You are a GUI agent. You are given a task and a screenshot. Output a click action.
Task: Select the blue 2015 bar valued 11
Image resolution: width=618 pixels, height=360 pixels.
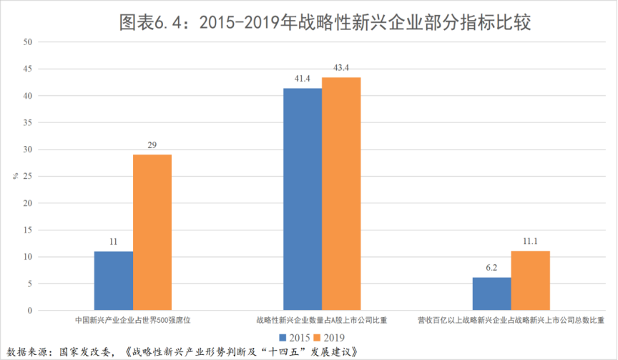(113, 281)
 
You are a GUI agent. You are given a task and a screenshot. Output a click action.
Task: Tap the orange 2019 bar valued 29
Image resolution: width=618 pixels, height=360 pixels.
(152, 233)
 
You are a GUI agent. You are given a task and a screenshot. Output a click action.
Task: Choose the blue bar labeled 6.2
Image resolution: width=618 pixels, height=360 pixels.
(491, 293)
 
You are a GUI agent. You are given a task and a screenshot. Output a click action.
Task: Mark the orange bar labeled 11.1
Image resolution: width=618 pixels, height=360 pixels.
(531, 281)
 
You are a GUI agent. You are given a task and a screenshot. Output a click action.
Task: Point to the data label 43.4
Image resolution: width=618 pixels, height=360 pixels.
(341, 68)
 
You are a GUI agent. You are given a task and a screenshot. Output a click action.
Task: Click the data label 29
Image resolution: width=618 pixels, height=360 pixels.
(152, 145)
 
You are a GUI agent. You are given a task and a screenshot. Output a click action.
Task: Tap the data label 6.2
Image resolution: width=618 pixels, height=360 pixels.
(491, 268)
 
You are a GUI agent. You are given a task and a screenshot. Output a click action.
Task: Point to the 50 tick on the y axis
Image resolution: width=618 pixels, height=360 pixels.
(29, 42)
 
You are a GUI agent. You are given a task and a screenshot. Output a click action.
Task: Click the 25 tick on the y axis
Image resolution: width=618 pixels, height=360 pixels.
(29, 176)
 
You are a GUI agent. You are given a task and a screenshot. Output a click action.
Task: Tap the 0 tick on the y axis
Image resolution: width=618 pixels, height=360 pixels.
(31, 311)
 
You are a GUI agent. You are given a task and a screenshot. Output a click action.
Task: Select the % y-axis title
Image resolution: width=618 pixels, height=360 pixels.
(14, 175)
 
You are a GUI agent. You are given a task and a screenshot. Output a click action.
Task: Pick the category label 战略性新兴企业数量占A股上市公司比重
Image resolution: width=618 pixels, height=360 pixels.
(322, 321)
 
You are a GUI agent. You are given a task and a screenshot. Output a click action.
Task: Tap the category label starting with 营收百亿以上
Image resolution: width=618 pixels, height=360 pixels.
(511, 321)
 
